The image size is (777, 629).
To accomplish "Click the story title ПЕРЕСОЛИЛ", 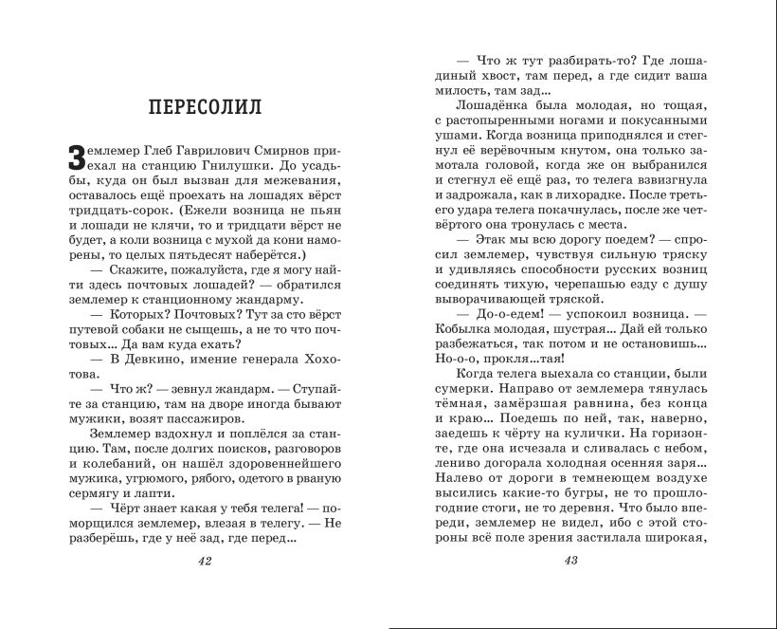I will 205,105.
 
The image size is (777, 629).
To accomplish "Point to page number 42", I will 205,561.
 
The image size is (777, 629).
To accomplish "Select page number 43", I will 570,561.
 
